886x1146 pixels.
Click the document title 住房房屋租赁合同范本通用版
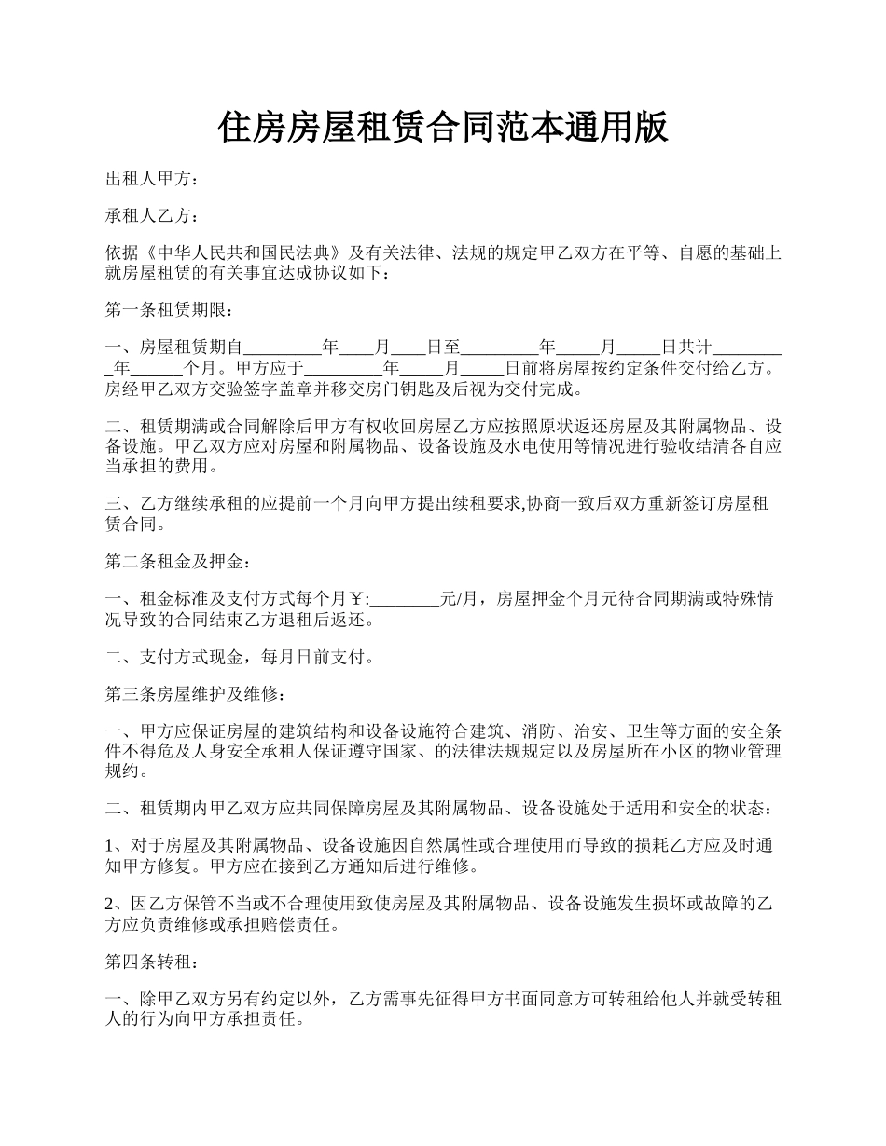pyautogui.click(x=443, y=128)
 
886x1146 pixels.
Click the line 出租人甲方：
pyautogui.click(x=152, y=180)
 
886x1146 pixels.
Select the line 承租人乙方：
pyautogui.click(x=152, y=216)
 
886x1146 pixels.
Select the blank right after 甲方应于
pyautogui.click(x=344, y=368)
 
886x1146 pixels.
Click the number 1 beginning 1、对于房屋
pyautogui.click(x=111, y=846)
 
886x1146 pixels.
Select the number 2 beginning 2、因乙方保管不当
pyautogui.click(x=111, y=904)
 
